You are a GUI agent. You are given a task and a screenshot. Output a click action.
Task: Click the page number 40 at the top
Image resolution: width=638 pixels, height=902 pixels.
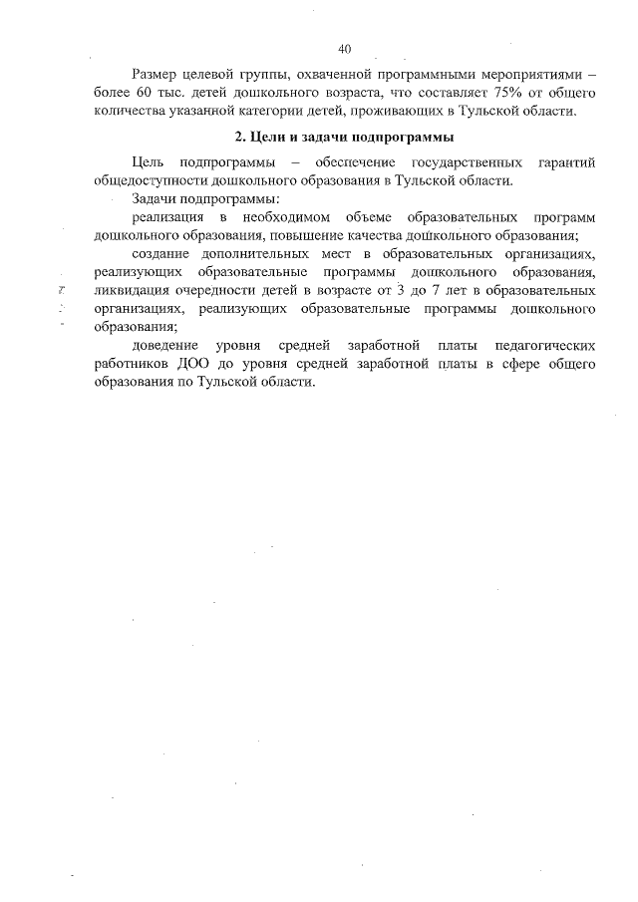346,48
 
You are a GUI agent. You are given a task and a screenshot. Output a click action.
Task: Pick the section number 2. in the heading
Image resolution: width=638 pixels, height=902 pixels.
238,137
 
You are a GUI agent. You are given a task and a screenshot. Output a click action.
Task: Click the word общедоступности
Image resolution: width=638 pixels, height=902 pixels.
145,181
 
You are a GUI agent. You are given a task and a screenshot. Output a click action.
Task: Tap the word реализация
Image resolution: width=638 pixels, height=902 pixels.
165,217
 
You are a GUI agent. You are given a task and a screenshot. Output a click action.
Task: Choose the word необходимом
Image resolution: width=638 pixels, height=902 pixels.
282,217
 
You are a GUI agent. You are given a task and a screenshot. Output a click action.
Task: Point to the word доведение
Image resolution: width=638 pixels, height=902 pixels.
163,346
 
